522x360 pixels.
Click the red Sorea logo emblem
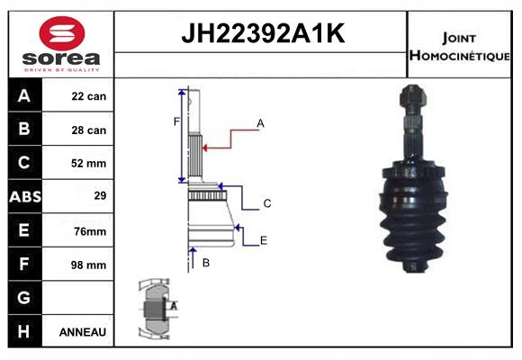(x=62, y=33)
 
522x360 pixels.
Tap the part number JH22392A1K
(x=263, y=33)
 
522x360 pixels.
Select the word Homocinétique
(x=459, y=55)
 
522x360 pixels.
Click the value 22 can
(x=89, y=96)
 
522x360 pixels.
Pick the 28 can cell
(x=89, y=130)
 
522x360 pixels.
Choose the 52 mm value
(x=88, y=163)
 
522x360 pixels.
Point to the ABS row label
(x=25, y=196)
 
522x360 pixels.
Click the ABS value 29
(x=100, y=195)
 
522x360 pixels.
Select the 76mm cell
(x=90, y=231)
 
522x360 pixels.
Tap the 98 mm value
(x=88, y=265)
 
